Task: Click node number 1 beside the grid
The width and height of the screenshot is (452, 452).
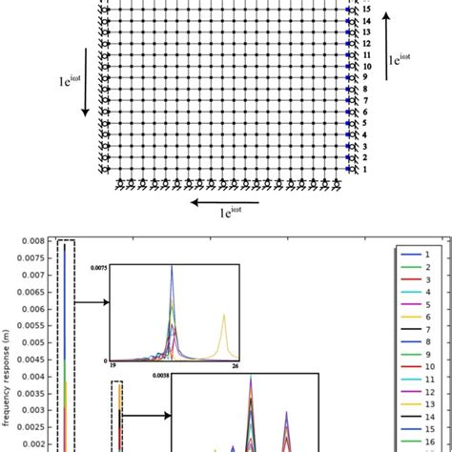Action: click(x=364, y=169)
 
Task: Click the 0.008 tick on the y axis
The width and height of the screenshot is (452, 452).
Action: click(x=32, y=241)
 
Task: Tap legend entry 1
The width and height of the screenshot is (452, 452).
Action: click(x=421, y=254)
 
